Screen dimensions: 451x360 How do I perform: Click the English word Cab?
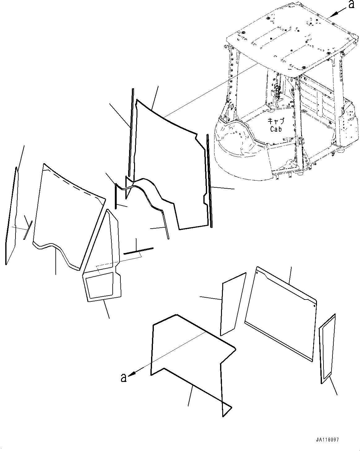point(275,129)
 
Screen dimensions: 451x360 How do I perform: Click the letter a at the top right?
point(351,5)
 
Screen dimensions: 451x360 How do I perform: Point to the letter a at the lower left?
point(124,378)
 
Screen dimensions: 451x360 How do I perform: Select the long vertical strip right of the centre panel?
point(210,181)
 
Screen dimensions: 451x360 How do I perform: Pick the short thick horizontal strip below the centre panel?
point(138,250)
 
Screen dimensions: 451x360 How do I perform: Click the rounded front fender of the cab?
point(238,155)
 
